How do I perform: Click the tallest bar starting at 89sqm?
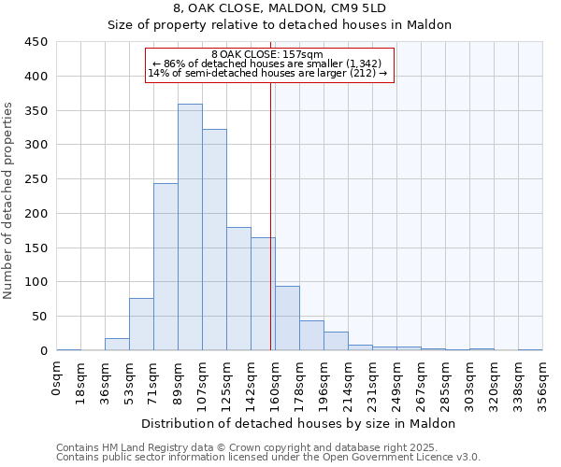190,227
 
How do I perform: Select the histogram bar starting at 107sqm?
214,240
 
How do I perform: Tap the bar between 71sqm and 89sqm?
165,267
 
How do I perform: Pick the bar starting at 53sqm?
141,324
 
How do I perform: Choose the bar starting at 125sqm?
238,289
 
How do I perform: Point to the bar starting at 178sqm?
311,335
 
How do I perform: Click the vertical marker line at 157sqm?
270,215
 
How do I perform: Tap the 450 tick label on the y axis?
36,42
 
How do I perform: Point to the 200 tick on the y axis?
36,214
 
